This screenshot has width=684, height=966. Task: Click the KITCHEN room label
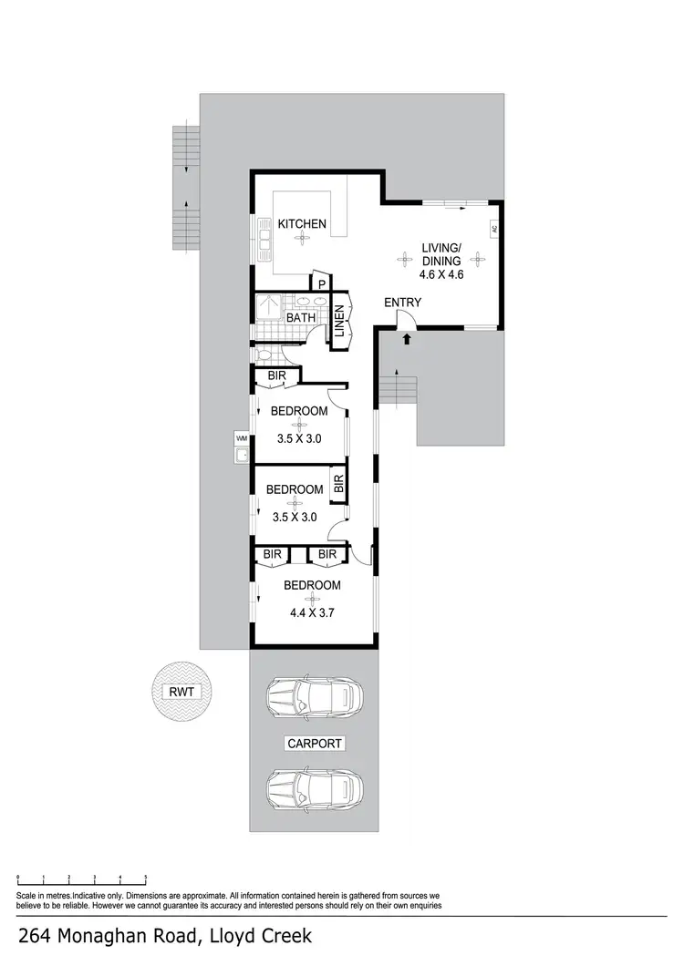click(x=302, y=223)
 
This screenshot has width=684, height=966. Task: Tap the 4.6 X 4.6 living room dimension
click(x=441, y=273)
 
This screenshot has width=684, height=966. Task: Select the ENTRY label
click(x=401, y=303)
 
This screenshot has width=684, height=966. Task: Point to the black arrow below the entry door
click(x=407, y=340)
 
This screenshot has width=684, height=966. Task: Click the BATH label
click(x=301, y=317)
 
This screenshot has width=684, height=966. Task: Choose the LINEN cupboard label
click(x=339, y=322)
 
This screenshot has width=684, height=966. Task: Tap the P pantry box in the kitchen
click(x=322, y=283)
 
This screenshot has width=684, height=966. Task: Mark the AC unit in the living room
click(x=494, y=229)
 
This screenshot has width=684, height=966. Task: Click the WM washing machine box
click(x=242, y=438)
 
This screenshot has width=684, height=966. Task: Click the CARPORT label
click(x=315, y=744)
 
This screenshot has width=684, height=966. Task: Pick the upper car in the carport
click(x=314, y=699)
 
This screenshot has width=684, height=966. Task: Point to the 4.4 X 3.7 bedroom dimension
click(x=312, y=612)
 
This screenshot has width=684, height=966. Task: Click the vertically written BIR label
click(x=337, y=483)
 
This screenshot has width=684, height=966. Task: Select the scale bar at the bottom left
click(x=82, y=880)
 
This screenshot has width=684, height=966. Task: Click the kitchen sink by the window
click(x=264, y=239)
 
